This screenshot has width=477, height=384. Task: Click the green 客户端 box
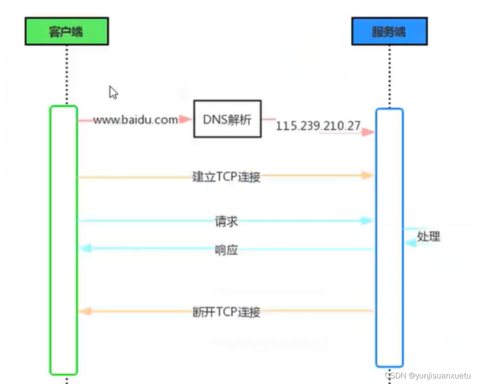[x=67, y=31]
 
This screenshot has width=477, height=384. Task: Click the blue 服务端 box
[x=389, y=32]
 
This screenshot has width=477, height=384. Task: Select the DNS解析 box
[x=227, y=119]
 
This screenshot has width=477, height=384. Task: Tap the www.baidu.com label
[x=135, y=120]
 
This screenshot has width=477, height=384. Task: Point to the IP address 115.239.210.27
[x=318, y=126]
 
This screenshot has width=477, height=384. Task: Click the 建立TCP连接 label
[x=226, y=176]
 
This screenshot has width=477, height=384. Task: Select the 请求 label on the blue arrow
[x=226, y=221]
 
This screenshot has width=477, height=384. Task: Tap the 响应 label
[x=226, y=250]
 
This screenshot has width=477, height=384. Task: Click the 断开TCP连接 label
[x=226, y=312]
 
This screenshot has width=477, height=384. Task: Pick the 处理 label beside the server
[x=428, y=236]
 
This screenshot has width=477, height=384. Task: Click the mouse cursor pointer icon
[x=113, y=92]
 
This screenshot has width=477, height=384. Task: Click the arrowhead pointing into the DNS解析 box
[x=186, y=119]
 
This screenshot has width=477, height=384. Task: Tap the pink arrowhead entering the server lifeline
[x=368, y=132]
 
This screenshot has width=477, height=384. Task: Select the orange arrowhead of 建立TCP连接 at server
[x=367, y=175]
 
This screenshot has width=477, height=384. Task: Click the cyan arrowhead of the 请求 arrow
[x=366, y=221]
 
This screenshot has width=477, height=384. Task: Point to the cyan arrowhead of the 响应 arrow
[x=86, y=248]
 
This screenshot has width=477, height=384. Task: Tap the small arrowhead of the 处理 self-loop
[x=410, y=242]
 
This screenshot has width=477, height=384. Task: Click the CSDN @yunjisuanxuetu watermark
[x=428, y=376]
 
